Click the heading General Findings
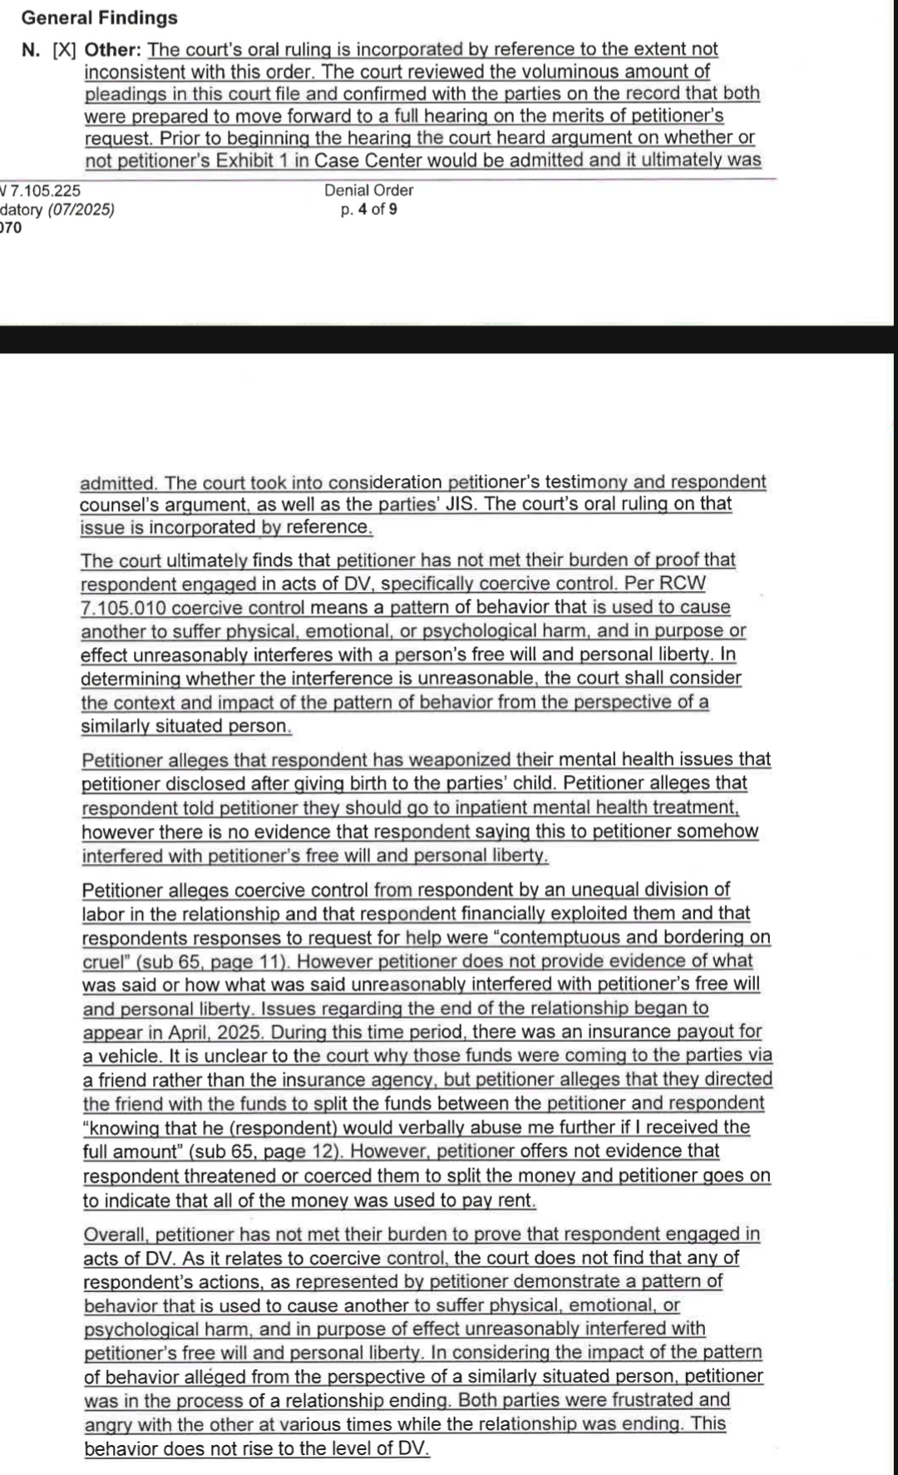[99, 17]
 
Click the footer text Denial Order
[368, 190]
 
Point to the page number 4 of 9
[377, 210]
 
